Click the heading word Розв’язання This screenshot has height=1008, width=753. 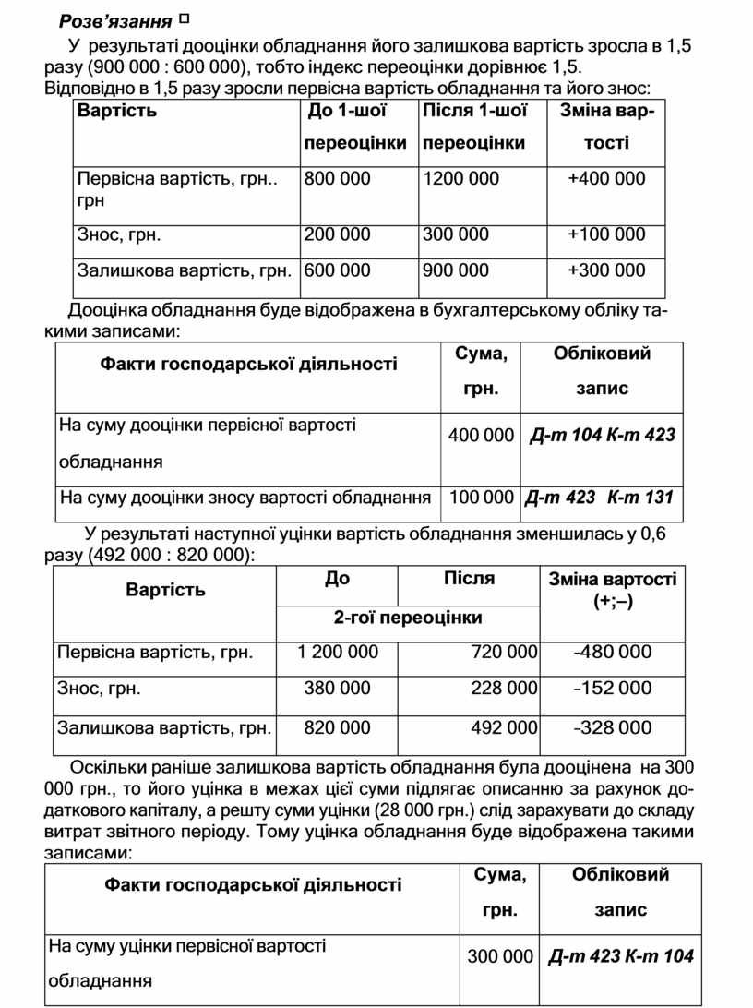(x=114, y=20)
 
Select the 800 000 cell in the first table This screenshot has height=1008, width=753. (x=337, y=179)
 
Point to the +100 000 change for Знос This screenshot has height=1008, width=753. (x=606, y=234)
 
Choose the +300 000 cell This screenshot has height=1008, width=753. (x=606, y=270)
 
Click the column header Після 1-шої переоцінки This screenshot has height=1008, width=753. (x=474, y=127)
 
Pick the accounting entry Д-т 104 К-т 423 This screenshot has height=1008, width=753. (x=603, y=434)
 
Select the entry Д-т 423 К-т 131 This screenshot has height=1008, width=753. (x=598, y=498)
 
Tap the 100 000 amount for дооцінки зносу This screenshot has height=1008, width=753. (x=481, y=498)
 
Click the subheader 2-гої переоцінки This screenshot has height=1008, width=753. (x=408, y=618)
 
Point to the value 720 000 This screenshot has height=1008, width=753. (x=504, y=653)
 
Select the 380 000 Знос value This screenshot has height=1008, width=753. (x=338, y=689)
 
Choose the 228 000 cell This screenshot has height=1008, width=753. (x=504, y=689)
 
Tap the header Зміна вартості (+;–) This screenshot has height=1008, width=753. (x=613, y=589)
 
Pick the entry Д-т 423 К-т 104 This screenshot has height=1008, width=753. (x=621, y=956)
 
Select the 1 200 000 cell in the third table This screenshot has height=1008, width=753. (x=338, y=653)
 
